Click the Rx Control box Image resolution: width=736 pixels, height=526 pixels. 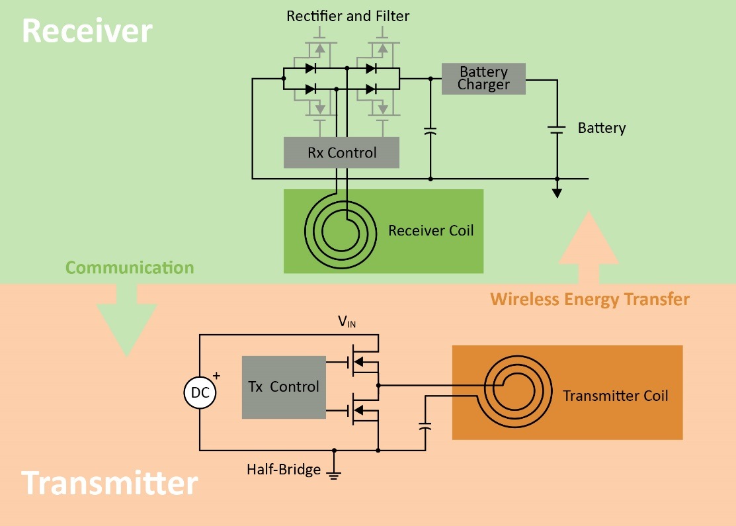(x=341, y=153)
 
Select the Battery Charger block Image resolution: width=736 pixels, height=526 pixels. (x=483, y=79)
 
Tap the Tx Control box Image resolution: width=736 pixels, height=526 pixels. (x=284, y=387)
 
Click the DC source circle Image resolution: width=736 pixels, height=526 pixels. (x=200, y=392)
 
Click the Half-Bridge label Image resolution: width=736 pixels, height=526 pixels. (x=284, y=470)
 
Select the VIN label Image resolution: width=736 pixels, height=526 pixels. (x=347, y=322)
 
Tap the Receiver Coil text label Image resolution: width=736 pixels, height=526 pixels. (x=430, y=231)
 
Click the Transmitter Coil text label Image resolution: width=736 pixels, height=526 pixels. (x=616, y=396)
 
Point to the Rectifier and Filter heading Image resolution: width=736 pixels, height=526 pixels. (x=348, y=16)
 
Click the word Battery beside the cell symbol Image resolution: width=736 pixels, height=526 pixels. (x=602, y=128)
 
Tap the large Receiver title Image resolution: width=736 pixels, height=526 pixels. (x=87, y=30)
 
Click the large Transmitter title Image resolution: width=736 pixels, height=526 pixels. (x=110, y=484)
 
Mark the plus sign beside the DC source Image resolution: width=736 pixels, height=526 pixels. (x=216, y=375)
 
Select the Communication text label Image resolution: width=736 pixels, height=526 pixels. (x=130, y=268)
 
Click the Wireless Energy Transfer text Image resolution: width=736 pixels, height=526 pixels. (x=590, y=300)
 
